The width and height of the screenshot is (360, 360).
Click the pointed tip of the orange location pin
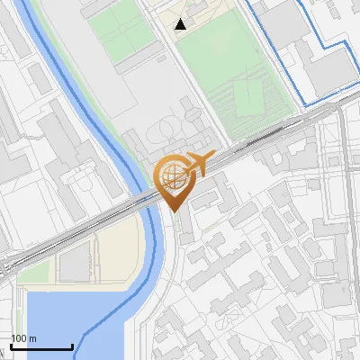click(x=174, y=211)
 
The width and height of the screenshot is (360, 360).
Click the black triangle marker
click(x=182, y=24)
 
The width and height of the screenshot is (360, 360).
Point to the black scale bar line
click(x=41, y=347)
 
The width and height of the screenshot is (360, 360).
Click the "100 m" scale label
click(x=24, y=338)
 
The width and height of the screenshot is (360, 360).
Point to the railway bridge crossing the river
click(x=144, y=200)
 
